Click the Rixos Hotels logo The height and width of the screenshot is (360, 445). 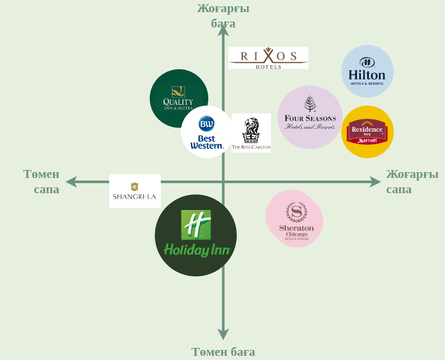tap(268, 58)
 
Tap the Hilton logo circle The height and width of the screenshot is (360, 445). tap(367, 71)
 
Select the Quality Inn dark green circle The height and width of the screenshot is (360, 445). tap(178, 98)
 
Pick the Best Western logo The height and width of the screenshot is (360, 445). tap(207, 132)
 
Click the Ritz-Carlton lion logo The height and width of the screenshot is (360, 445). tap(251, 133)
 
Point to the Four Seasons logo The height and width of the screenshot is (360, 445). tap(310, 118)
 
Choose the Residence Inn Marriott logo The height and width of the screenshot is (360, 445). tap(368, 132)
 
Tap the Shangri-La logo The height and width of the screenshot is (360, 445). tap(135, 191)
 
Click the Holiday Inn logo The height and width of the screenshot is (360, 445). tap(196, 235)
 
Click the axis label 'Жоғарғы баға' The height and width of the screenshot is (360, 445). tap(223, 15)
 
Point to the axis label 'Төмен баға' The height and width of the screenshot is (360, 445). tap(223, 351)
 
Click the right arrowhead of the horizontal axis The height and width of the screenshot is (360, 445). tap(376, 182)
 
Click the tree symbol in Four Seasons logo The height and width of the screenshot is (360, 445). tap(310, 103)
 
